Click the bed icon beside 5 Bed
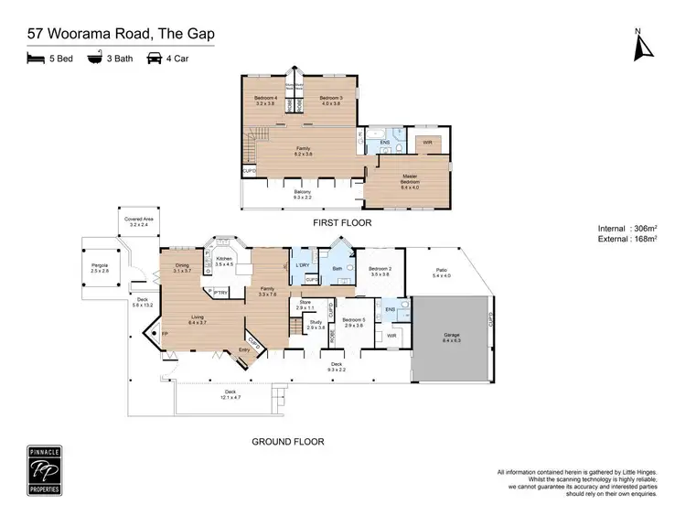tap(37, 58)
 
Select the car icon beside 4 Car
tap(156, 58)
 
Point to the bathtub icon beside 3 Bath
tap(94, 58)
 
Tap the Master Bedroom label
tap(409, 180)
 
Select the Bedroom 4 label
tap(265, 100)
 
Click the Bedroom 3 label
tap(330, 100)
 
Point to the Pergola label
tap(99, 269)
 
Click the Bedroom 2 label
tap(380, 272)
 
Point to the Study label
tap(316, 325)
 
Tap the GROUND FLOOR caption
tap(287, 441)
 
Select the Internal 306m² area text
tap(631, 228)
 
